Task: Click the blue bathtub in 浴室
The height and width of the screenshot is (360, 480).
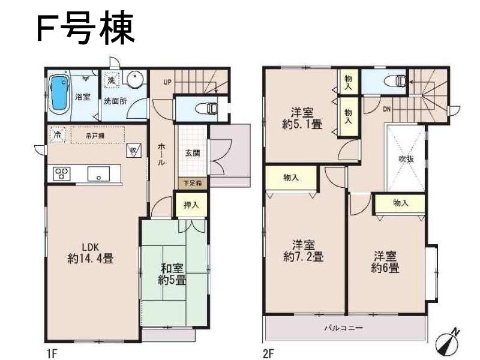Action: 59,93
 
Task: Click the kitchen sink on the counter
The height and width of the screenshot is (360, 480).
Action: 97,174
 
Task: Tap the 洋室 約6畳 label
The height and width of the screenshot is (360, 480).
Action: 385,262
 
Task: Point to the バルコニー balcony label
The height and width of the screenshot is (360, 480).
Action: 344,328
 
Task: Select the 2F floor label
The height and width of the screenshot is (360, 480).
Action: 268,353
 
